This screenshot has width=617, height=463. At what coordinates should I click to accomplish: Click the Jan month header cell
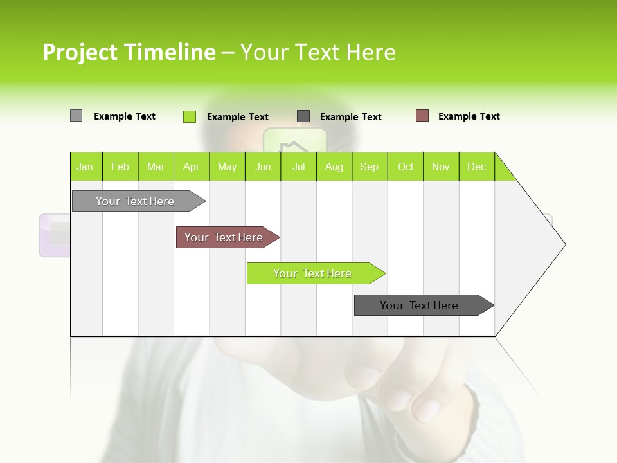(x=85, y=167)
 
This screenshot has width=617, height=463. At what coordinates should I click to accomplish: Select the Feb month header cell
(x=120, y=167)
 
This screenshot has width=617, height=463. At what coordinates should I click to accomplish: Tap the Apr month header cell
(x=192, y=167)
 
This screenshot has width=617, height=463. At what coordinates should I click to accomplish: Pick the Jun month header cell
(x=263, y=167)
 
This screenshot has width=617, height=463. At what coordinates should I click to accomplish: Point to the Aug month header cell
(x=334, y=167)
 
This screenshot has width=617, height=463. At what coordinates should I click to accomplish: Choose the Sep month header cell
(x=370, y=167)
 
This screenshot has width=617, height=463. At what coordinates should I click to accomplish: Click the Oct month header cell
(x=406, y=167)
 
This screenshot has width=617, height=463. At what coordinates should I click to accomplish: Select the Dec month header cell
(x=477, y=167)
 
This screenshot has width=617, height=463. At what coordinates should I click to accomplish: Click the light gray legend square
(x=76, y=116)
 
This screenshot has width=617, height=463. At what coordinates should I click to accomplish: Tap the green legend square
(x=189, y=116)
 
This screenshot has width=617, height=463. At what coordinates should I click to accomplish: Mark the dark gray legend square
(x=303, y=116)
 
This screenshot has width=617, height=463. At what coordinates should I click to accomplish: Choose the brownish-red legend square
(x=422, y=116)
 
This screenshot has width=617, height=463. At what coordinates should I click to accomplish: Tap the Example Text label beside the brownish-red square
(x=469, y=116)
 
